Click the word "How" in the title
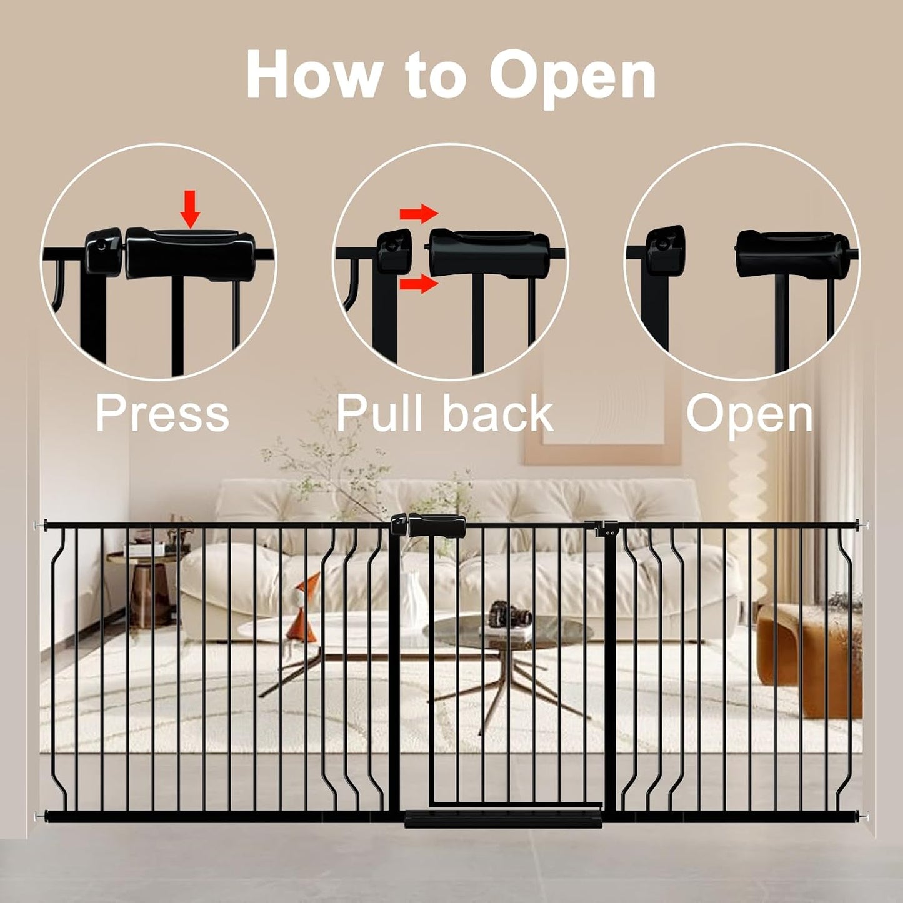tap(313, 74)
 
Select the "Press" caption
tap(162, 413)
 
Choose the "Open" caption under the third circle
tap(749, 413)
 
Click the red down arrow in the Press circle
tap(190, 216)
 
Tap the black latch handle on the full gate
tap(436, 526)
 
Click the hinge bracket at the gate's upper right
tap(604, 529)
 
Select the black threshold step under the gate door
tap(503, 818)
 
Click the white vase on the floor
tap(413, 600)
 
